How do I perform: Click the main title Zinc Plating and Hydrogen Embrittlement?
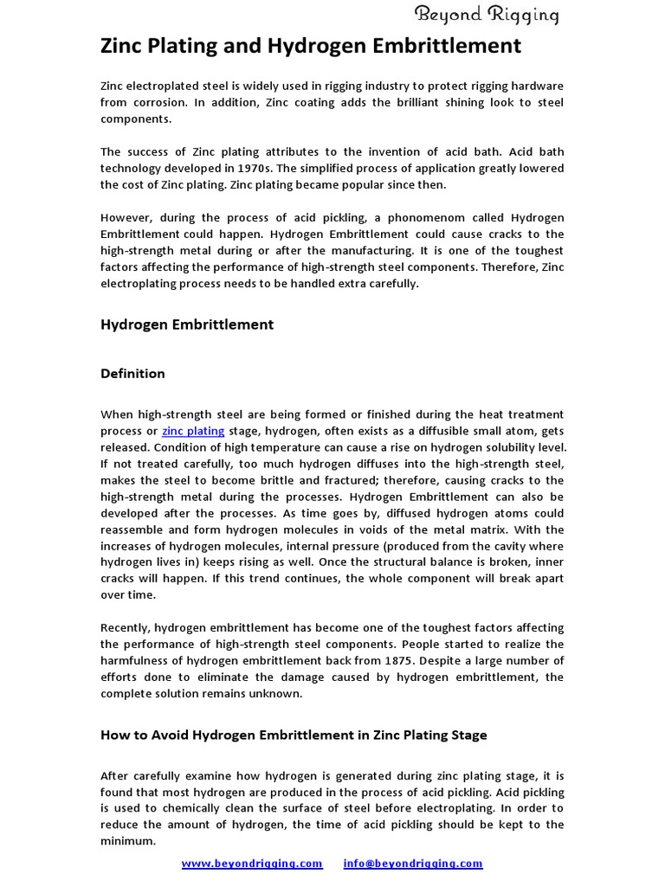pyautogui.click(x=311, y=46)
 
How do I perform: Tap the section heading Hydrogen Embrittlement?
pyautogui.click(x=187, y=324)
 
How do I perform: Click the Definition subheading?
pyautogui.click(x=132, y=374)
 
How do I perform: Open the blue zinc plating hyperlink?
pyautogui.click(x=193, y=431)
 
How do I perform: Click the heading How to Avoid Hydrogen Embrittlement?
pyautogui.click(x=294, y=735)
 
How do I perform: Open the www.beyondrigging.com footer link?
pyautogui.click(x=252, y=864)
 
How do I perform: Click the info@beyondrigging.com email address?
pyautogui.click(x=413, y=864)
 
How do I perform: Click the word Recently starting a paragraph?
pyautogui.click(x=125, y=627)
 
